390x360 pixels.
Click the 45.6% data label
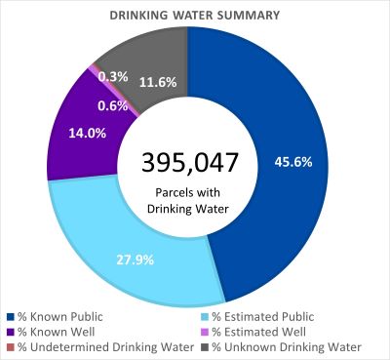pyautogui.click(x=293, y=161)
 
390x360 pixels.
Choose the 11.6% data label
pyautogui.click(x=157, y=83)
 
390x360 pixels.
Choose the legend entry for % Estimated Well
pyautogui.click(x=247, y=331)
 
